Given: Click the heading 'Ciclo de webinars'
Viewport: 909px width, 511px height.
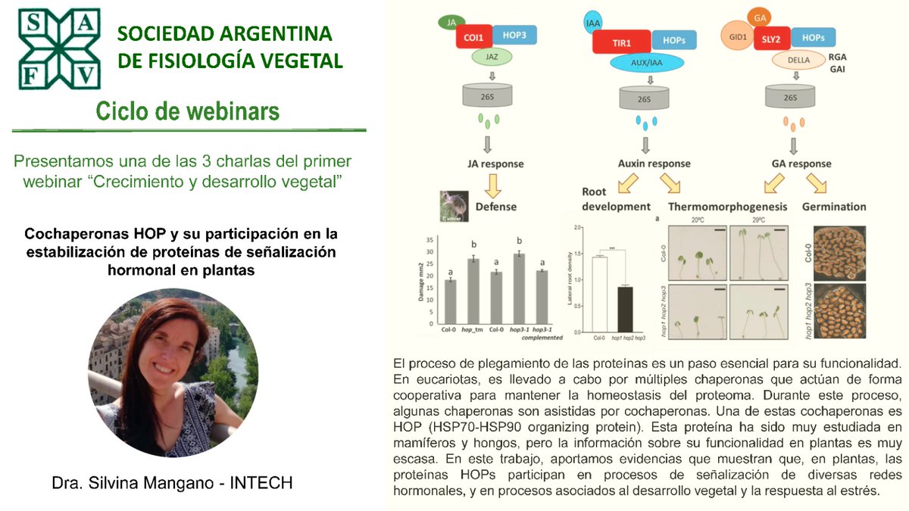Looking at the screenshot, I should click(x=187, y=111).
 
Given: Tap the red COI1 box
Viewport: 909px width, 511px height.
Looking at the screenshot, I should click(x=475, y=36).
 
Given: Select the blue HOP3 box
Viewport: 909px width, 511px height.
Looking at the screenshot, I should click(x=517, y=35).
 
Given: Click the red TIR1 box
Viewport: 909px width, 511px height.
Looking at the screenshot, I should click(x=623, y=45).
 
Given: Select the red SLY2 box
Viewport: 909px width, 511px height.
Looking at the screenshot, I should click(x=772, y=37).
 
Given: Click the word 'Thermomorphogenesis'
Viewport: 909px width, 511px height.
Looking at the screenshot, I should click(x=727, y=207).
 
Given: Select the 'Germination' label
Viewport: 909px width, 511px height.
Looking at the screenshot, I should click(x=834, y=207).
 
